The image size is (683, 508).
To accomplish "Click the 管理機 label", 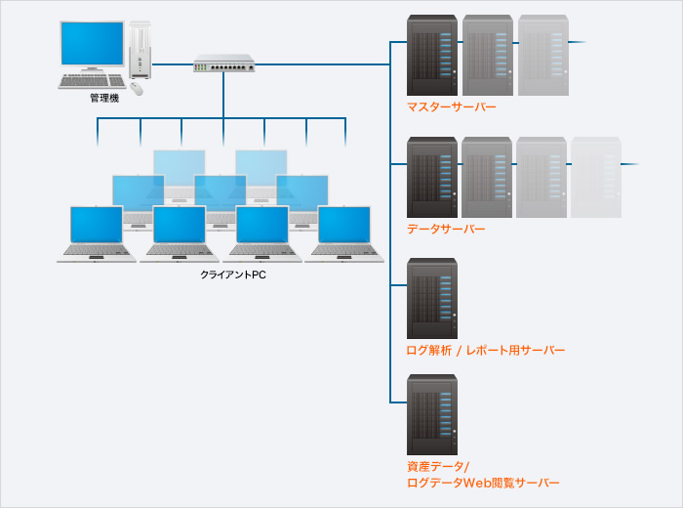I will click(103, 99).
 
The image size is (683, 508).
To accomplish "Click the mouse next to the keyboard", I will click(136, 88).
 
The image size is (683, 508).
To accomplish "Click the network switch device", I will click(223, 64).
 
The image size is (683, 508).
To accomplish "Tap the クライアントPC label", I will click(233, 275).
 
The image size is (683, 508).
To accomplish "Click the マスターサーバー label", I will click(451, 106).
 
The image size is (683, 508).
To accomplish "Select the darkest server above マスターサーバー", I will click(432, 55).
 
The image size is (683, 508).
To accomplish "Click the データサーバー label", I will click(445, 229).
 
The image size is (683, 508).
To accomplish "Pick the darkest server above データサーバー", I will click(432, 177).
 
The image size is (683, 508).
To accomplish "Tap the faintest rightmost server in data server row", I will click(595, 177).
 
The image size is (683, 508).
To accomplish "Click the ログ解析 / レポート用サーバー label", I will click(485, 350).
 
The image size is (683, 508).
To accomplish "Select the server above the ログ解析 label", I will click(432, 298).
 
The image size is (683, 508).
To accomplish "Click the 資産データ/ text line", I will click(438, 466).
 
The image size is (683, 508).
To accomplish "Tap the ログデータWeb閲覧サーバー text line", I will click(483, 483).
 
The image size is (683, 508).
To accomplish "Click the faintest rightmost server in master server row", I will click(542, 55).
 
